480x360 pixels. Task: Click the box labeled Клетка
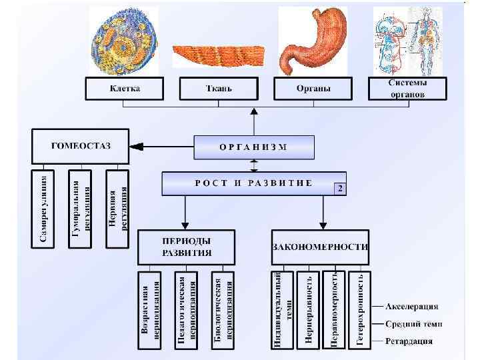(124, 89)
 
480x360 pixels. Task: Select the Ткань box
(218, 89)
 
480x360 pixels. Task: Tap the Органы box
(313, 89)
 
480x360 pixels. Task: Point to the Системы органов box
(407, 89)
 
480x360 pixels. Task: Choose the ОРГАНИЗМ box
(253, 147)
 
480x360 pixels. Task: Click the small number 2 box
(340, 189)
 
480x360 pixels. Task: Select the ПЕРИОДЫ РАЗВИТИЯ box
(187, 247)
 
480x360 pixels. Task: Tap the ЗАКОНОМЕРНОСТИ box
(320, 247)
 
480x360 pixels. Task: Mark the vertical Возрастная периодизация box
(150, 309)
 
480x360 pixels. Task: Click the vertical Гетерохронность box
(360, 309)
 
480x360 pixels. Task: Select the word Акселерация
(412, 307)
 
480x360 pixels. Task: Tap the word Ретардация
(409, 341)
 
